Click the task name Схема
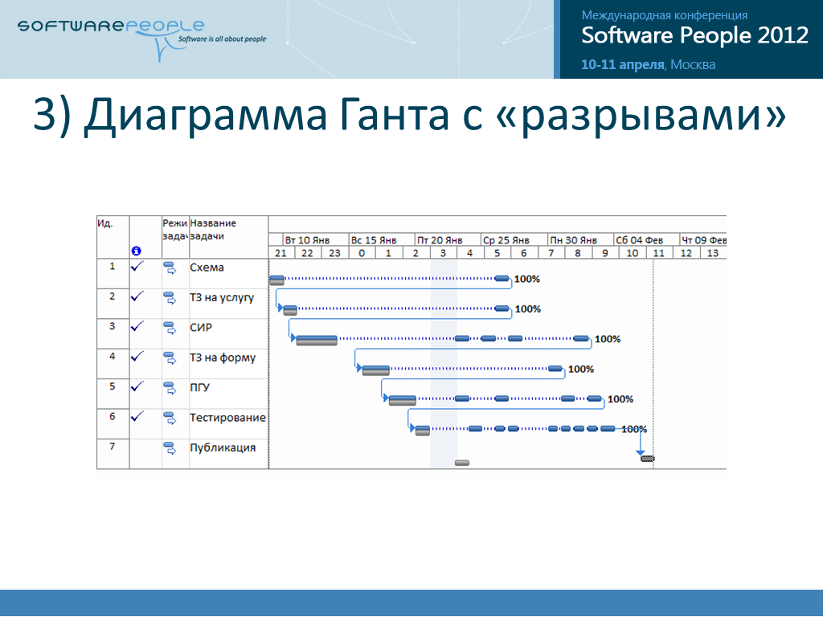(x=207, y=268)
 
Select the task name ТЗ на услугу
(x=222, y=298)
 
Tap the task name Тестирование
(x=227, y=418)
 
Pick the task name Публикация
(x=223, y=447)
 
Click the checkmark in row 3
(x=137, y=326)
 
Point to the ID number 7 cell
(x=113, y=447)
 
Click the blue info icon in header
(x=137, y=251)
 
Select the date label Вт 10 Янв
(x=307, y=240)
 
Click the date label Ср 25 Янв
(x=506, y=240)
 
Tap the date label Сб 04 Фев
(x=639, y=240)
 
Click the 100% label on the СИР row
(x=608, y=340)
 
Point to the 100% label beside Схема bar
(x=527, y=279)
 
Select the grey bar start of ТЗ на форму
(x=376, y=370)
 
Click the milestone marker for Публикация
(x=648, y=459)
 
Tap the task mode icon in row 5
(x=170, y=388)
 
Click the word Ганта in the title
(x=394, y=114)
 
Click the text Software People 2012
(x=695, y=35)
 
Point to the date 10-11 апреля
(x=623, y=64)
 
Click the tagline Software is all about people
(x=222, y=39)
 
